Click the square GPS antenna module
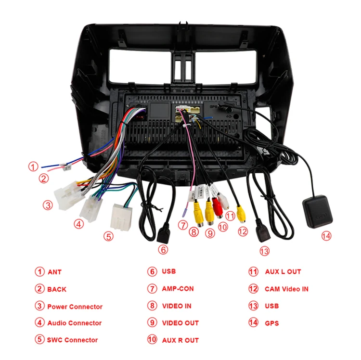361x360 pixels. (318, 211)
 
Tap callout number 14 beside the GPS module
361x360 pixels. (327, 236)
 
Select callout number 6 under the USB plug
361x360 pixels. (164, 249)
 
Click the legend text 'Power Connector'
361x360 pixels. (75, 307)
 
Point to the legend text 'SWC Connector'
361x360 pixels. (72, 340)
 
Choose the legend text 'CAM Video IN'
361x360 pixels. (286, 289)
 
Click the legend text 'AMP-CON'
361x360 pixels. (178, 289)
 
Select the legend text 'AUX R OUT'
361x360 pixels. (180, 340)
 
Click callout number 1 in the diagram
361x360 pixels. (32, 167)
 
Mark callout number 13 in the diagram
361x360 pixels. (264, 250)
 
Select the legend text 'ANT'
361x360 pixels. (54, 272)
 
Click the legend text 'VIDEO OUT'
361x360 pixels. (180, 323)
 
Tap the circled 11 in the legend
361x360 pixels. (253, 271)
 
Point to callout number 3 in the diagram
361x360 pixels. (47, 205)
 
